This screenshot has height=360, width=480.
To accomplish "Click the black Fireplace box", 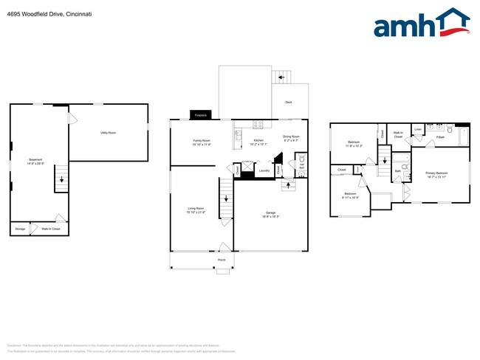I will pos(200,115).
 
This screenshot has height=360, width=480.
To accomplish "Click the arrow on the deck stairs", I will pos(281,76).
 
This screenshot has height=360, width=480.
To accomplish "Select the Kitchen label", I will pos(258,140).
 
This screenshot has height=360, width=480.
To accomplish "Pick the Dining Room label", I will pos(291,136).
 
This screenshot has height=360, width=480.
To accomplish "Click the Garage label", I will pos(271,212).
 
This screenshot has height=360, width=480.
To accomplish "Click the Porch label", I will pos(222,260).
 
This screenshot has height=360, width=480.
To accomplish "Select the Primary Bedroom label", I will pos(436,173).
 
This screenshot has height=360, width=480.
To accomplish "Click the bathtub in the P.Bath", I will pos(463,137).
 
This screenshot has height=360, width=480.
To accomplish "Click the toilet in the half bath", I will pos(300,162).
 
